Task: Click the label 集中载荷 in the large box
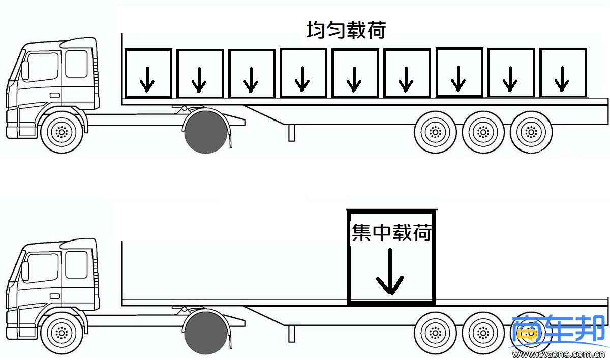pyautogui.click(x=392, y=233)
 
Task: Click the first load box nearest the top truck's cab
pyautogui.click(x=148, y=73)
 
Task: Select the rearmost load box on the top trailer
pyautogui.click(x=562, y=73)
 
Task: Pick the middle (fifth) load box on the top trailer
pyautogui.click(x=355, y=73)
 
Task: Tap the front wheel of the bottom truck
pyautogui.click(x=63, y=334)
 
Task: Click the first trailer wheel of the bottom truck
pyautogui.click(x=436, y=333)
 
